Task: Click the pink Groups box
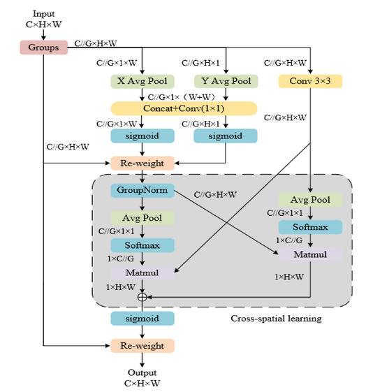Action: click(x=44, y=48)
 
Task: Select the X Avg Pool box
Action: click(x=142, y=81)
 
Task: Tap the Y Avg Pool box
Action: click(x=226, y=81)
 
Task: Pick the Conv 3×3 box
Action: click(x=310, y=81)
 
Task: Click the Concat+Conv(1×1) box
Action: click(x=184, y=108)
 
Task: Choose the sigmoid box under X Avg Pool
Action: click(x=142, y=136)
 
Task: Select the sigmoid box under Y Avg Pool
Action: click(x=226, y=136)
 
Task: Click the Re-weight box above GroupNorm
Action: click(x=142, y=164)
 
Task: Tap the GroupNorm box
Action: click(x=142, y=191)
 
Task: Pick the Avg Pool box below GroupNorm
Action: click(x=142, y=218)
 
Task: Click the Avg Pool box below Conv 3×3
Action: click(x=310, y=200)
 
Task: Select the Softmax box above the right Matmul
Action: click(x=310, y=227)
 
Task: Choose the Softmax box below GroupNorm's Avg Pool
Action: click(x=142, y=245)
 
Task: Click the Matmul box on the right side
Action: click(x=310, y=254)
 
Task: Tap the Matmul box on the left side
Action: click(x=142, y=273)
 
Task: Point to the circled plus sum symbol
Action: click(x=142, y=297)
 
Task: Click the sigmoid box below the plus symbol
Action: click(x=142, y=319)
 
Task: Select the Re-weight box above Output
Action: click(x=142, y=346)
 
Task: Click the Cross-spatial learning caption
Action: click(x=276, y=319)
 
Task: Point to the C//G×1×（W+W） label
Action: click(x=182, y=97)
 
